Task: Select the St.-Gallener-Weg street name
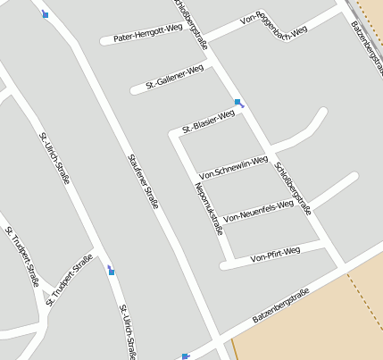tap(175, 78)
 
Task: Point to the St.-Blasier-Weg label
tap(208, 121)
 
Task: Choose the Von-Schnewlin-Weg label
tap(234, 167)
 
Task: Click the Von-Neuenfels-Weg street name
tap(259, 211)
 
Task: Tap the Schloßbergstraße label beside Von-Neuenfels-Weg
tap(294, 188)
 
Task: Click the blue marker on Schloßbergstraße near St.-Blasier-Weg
tap(237, 103)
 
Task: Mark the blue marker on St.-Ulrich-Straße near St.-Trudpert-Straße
tap(111, 270)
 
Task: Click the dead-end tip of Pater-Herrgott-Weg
tap(104, 41)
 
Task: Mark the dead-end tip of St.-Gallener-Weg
tap(134, 89)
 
